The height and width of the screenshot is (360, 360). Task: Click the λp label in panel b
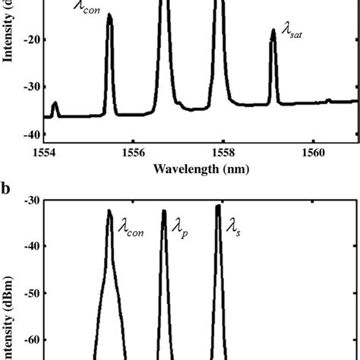tap(179, 226)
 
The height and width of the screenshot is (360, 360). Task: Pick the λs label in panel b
tap(230, 225)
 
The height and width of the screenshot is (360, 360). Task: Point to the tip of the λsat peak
tap(273, 31)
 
